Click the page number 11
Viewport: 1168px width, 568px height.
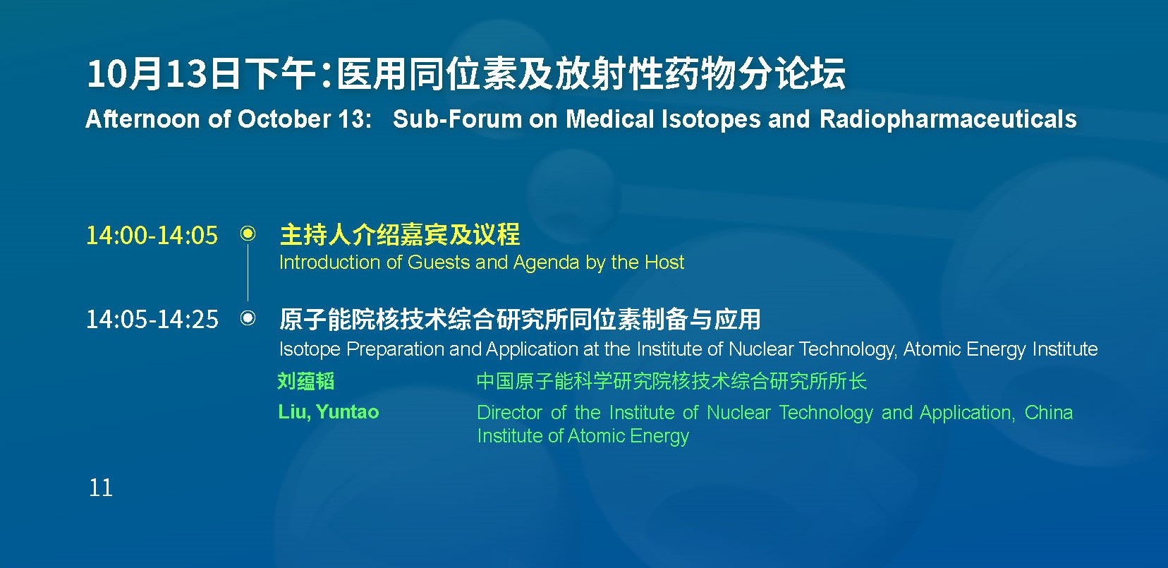(x=101, y=488)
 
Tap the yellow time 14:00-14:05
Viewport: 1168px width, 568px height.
(x=152, y=235)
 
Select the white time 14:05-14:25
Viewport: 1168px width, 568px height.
(x=152, y=319)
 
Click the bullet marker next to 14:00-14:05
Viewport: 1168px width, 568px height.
(x=248, y=234)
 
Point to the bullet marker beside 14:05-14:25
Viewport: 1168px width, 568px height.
(x=248, y=318)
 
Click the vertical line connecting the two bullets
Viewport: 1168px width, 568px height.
(x=248, y=272)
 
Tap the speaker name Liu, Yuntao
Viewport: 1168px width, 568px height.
(x=329, y=412)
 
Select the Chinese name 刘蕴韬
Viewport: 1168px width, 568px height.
(x=306, y=381)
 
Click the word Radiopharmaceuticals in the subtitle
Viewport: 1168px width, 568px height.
(x=948, y=119)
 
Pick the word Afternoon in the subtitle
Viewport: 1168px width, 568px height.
(x=142, y=119)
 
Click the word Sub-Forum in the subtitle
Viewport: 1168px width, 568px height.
(x=457, y=119)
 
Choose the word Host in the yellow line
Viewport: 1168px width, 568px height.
(x=664, y=262)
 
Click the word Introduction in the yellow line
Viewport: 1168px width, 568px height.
(x=329, y=262)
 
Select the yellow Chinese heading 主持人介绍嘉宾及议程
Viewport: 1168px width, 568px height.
(x=400, y=234)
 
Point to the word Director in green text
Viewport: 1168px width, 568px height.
(x=509, y=413)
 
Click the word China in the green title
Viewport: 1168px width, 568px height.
(x=1049, y=413)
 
